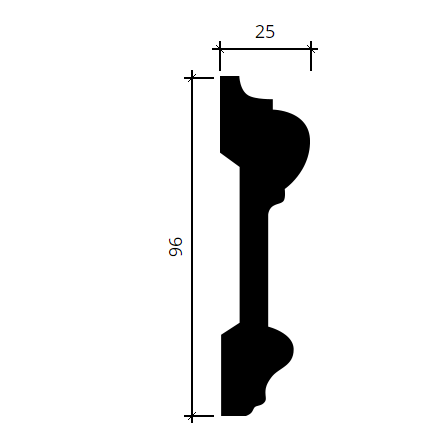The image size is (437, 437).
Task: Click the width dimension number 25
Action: coord(265,32)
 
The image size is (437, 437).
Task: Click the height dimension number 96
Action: coord(176,247)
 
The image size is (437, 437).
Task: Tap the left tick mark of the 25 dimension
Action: coord(220,49)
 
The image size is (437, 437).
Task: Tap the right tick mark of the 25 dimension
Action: coord(311,49)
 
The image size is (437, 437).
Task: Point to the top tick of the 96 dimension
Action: coord(192,78)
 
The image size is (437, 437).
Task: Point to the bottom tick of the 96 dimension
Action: coord(192,416)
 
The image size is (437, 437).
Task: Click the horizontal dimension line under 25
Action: coord(265,49)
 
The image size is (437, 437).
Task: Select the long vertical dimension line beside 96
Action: coord(192,247)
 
